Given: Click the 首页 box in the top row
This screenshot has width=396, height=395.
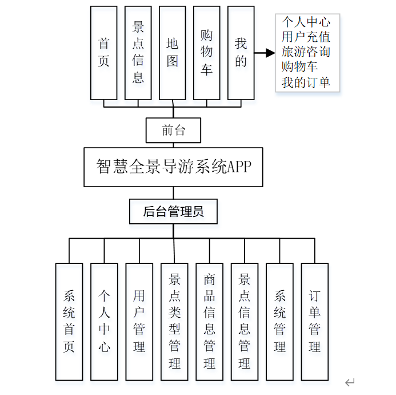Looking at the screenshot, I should click(103, 53).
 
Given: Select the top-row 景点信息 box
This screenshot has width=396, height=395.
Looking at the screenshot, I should click(138, 53).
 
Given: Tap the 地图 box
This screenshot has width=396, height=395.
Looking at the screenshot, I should click(173, 53).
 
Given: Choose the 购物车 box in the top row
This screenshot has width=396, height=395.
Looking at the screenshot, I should click(207, 53).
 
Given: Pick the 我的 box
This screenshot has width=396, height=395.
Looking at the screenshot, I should click(241, 53).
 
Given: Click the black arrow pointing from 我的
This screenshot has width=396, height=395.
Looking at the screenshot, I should click(265, 53).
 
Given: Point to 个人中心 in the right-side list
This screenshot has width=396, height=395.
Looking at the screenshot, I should click(306, 23).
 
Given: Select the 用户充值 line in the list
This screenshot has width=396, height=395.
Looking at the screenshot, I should click(306, 38).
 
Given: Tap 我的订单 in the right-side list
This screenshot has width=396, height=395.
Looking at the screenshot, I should click(306, 82).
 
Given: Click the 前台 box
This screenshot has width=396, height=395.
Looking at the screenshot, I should click(174, 131).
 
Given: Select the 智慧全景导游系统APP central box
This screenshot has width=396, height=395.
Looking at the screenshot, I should click(173, 167).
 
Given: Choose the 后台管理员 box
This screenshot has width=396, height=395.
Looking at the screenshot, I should click(173, 212).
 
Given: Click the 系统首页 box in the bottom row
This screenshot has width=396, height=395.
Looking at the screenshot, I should click(69, 321).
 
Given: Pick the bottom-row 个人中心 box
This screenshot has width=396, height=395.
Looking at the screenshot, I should click(104, 321).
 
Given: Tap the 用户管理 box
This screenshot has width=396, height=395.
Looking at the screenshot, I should click(139, 321).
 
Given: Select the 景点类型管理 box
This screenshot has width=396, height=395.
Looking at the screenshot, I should click(174, 321).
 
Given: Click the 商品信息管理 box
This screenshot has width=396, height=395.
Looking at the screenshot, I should click(209, 321).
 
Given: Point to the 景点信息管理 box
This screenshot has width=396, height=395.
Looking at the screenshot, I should click(245, 321).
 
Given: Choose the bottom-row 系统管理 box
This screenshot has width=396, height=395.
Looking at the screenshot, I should click(279, 321).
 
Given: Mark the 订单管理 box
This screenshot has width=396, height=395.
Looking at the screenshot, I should click(315, 321).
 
